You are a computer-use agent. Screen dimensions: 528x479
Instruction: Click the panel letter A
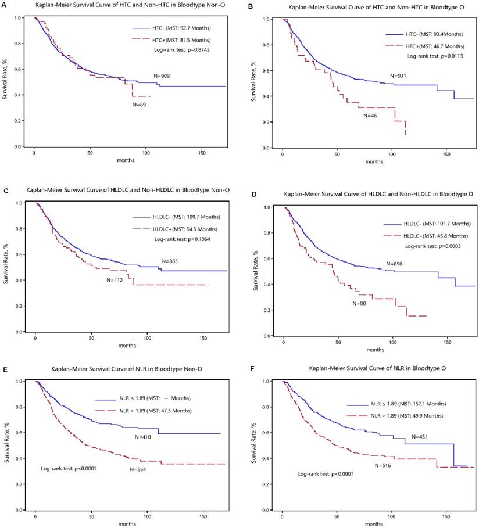click(4, 5)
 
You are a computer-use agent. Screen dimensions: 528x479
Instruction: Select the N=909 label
click(161, 76)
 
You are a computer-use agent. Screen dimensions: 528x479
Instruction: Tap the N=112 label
click(114, 279)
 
